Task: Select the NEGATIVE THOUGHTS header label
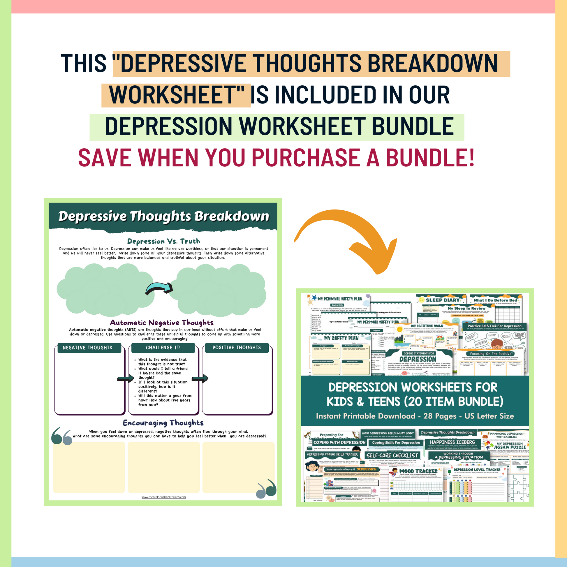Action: pyautogui.click(x=87, y=348)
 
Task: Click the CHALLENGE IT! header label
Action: pyautogui.click(x=163, y=348)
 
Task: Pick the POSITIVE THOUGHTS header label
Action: pyautogui.click(x=237, y=348)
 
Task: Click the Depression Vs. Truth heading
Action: pyautogui.click(x=163, y=241)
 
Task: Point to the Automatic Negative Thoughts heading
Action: pyautogui.click(x=162, y=323)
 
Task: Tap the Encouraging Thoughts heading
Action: pyautogui.click(x=163, y=423)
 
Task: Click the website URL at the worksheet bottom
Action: pyautogui.click(x=163, y=497)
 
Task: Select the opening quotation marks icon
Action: pyautogui.click(x=62, y=436)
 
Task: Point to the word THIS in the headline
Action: pyautogui.click(x=84, y=64)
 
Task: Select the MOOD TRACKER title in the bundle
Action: pyautogui.click(x=418, y=471)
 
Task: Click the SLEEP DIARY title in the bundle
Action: pyautogui.click(x=443, y=300)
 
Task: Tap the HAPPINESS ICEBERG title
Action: pyautogui.click(x=452, y=442)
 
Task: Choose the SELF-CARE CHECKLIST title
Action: pyautogui.click(x=392, y=455)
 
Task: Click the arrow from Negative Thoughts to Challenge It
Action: pyautogui.click(x=126, y=378)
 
